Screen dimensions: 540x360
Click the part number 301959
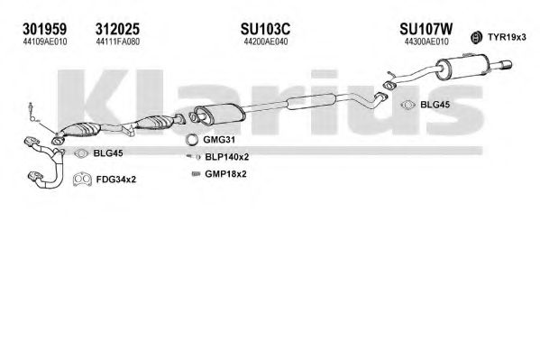click(x=45, y=29)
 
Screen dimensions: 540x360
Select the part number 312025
click(x=117, y=29)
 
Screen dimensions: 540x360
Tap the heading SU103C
click(x=265, y=29)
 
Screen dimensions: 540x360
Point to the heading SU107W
click(x=426, y=29)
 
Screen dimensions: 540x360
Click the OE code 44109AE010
click(x=45, y=42)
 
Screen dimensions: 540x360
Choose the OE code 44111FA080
click(x=118, y=42)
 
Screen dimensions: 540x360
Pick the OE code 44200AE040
click(x=266, y=42)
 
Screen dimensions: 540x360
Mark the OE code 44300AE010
click(x=426, y=42)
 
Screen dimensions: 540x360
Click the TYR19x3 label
click(x=507, y=37)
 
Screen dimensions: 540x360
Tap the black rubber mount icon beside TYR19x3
click(x=476, y=37)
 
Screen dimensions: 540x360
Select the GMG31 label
click(x=219, y=140)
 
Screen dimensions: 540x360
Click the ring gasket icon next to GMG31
click(x=191, y=140)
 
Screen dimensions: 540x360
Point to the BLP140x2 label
click(x=227, y=157)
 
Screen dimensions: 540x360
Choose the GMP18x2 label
click(x=225, y=174)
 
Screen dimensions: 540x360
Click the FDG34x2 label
click(x=116, y=180)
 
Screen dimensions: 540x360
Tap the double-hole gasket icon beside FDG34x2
click(x=82, y=179)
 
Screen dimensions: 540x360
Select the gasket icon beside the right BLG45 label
click(x=407, y=105)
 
